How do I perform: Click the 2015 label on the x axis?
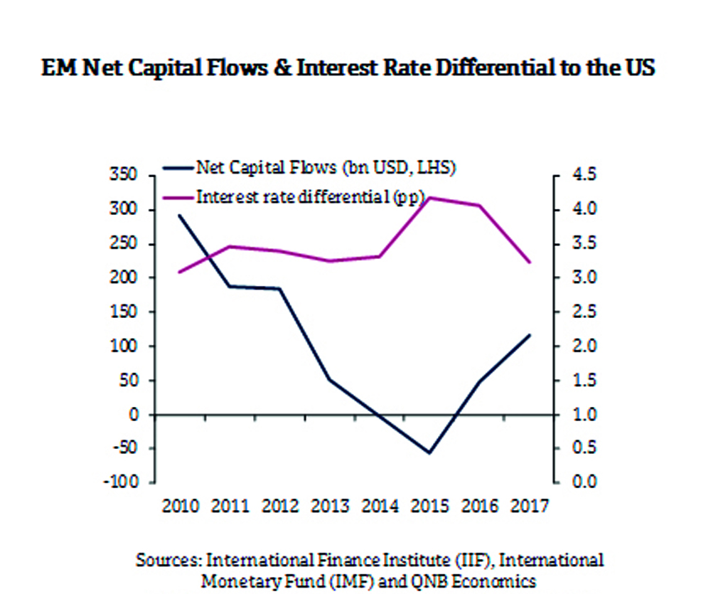[430, 507]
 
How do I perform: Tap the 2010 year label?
[179, 507]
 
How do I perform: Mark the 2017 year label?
[530, 507]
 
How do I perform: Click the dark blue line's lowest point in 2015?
[429, 452]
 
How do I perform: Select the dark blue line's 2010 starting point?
[180, 215]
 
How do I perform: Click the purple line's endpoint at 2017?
[530, 262]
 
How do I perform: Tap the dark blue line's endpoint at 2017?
[530, 334]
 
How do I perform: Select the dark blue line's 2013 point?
[330, 379]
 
